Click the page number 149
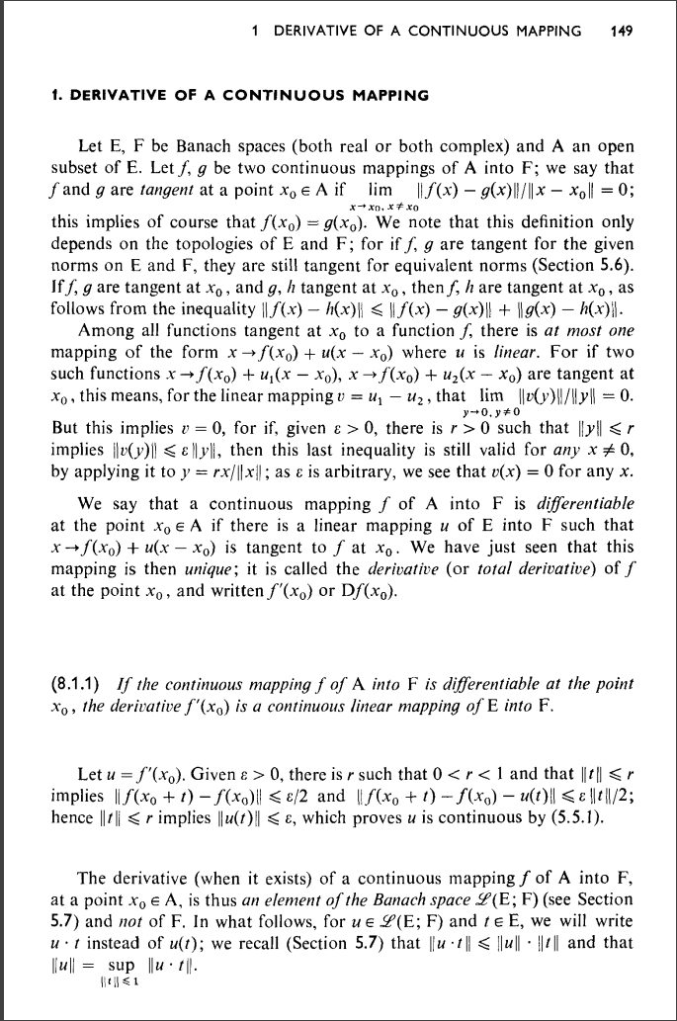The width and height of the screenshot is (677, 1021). click(x=622, y=31)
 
